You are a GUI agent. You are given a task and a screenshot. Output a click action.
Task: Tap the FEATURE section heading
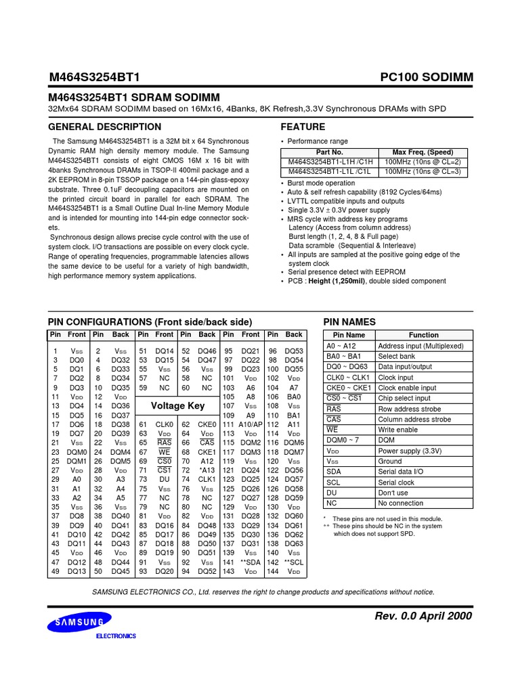303,127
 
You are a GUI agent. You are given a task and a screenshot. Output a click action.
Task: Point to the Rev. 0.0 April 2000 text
423,616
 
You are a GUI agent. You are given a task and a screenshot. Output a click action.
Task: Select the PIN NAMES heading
349,322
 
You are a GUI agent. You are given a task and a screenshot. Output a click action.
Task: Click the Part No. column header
330,152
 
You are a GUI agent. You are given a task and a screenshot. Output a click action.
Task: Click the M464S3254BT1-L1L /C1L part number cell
330,172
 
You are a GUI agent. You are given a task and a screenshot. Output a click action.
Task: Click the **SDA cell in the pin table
251,562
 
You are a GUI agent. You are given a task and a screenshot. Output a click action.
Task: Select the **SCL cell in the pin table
294,562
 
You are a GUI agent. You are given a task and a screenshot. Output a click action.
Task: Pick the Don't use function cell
393,493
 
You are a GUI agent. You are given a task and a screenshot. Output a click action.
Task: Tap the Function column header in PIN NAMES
424,335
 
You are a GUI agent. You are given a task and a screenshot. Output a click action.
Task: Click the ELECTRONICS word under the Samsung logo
115,636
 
